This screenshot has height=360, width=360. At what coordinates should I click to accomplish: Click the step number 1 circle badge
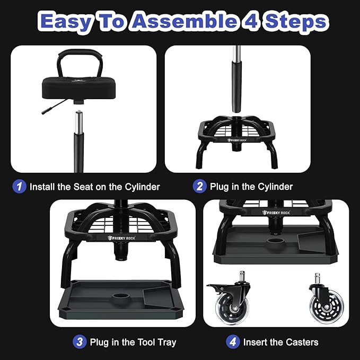pos(19,186)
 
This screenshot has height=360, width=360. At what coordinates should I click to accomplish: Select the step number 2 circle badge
pos(199,186)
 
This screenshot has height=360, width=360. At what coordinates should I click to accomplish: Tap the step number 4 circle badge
pos(233,341)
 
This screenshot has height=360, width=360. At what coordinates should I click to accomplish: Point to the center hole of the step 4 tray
pos(276,242)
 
